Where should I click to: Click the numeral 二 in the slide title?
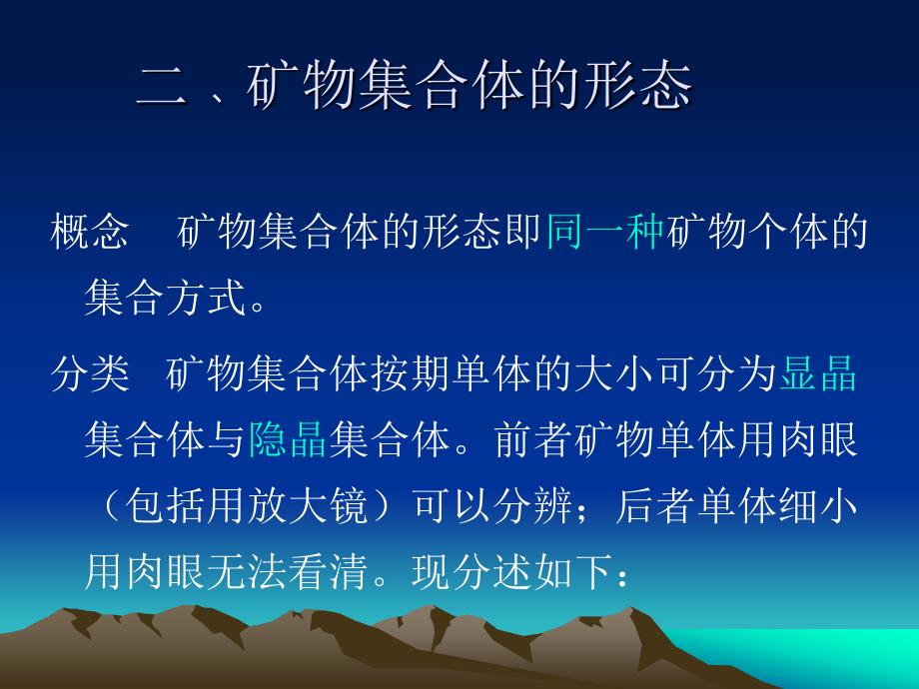[162, 89]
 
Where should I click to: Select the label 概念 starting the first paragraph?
[90, 232]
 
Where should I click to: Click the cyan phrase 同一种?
[605, 232]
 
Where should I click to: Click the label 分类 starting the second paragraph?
[90, 373]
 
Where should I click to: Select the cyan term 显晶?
[818, 373]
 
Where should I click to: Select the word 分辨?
[532, 505]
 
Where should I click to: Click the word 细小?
[818, 505]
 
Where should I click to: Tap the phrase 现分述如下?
[512, 571]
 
